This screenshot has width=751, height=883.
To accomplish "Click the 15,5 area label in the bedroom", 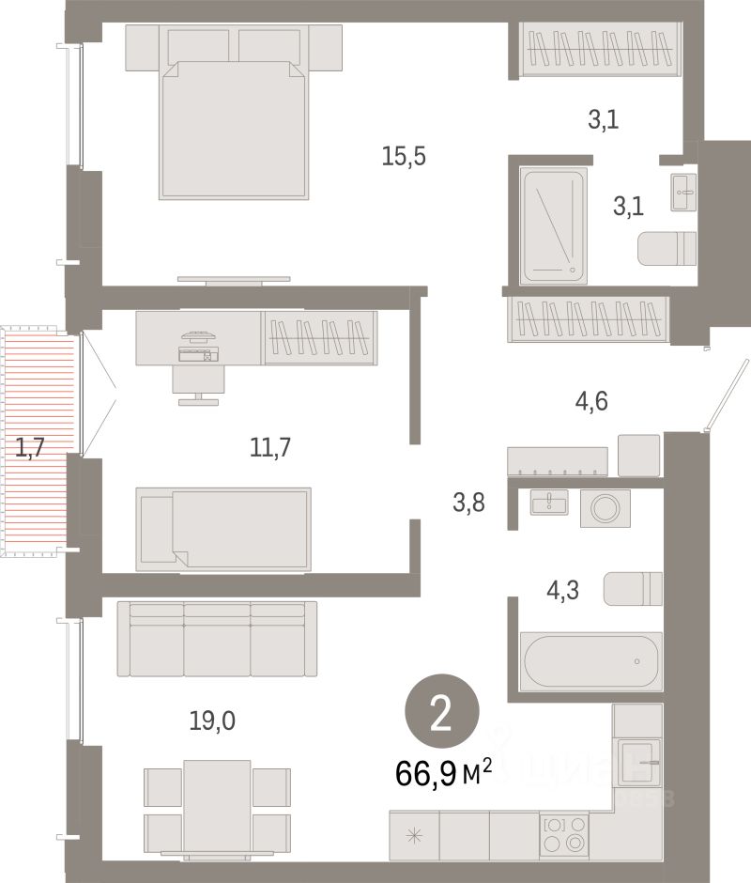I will (x=404, y=157).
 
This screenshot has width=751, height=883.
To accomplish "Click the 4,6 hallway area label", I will (x=591, y=402).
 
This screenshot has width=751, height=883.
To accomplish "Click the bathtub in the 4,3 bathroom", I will (x=591, y=661).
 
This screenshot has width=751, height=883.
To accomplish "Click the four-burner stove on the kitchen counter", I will (x=563, y=833).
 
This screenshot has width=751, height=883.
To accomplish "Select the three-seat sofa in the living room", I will (x=217, y=639).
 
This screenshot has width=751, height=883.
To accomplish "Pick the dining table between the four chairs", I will (x=217, y=806).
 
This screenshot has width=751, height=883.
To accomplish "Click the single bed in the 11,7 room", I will (x=223, y=528).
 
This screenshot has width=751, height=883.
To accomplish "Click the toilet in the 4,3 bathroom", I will (x=634, y=589).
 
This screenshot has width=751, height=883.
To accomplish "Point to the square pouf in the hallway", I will (x=639, y=455).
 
